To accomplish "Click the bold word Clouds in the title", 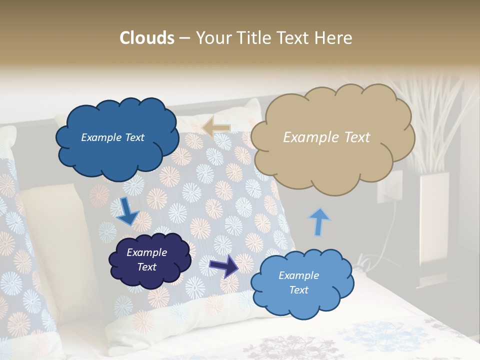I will pos(147,38).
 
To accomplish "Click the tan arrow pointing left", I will pos(216,127).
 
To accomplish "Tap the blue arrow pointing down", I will pos(127,211).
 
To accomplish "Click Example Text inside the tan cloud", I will pos(326,137).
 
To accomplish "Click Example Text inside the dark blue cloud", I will pos(112,137).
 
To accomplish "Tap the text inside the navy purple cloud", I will pos(146,259).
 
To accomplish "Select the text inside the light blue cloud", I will pos(298,282).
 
